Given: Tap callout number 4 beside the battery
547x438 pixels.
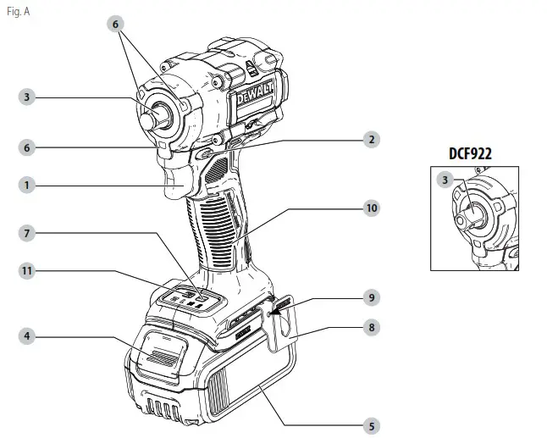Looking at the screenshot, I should pos(28,336).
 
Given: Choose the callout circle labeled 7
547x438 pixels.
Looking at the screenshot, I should pos(28,231).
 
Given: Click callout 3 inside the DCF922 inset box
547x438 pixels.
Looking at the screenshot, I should pos(445,180).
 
